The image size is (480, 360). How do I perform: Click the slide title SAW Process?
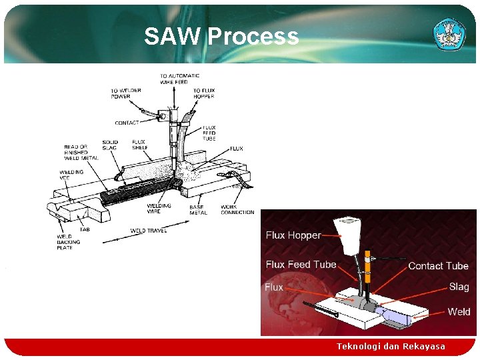[221, 36]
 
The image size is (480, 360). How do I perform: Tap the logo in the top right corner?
[450, 33]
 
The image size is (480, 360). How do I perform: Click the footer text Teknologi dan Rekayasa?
[391, 347]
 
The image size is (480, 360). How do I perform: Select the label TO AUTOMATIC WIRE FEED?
[179, 79]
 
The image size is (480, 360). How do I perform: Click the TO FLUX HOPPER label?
[204, 93]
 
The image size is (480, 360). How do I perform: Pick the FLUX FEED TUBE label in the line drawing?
[209, 133]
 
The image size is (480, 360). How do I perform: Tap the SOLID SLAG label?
[110, 145]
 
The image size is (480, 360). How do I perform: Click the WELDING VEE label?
[71, 175]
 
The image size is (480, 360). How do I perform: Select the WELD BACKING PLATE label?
[69, 242]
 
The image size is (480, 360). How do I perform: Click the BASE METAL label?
[198, 210]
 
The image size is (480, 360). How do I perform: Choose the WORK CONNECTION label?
[237, 209]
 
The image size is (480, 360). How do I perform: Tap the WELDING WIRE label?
[159, 209]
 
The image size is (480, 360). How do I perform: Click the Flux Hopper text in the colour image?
[293, 235]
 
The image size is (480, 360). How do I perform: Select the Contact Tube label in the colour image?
[438, 266]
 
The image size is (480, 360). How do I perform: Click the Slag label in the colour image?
[459, 287]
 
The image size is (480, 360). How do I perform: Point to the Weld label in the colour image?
[459, 311]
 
